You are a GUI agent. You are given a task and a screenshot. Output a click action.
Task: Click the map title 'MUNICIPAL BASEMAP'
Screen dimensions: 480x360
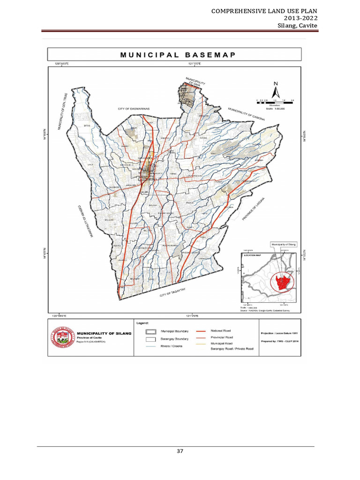[x=178, y=54]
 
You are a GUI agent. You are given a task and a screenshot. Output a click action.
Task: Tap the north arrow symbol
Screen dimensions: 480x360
[x=276, y=89]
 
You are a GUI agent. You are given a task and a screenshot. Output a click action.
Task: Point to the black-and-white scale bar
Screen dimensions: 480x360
[x=274, y=100]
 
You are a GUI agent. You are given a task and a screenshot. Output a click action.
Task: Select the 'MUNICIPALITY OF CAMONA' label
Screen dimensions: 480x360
[x=247, y=114]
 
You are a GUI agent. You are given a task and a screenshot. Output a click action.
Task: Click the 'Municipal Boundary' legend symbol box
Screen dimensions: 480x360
[x=151, y=330]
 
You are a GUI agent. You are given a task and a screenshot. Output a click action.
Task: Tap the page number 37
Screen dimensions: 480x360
[x=180, y=451]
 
